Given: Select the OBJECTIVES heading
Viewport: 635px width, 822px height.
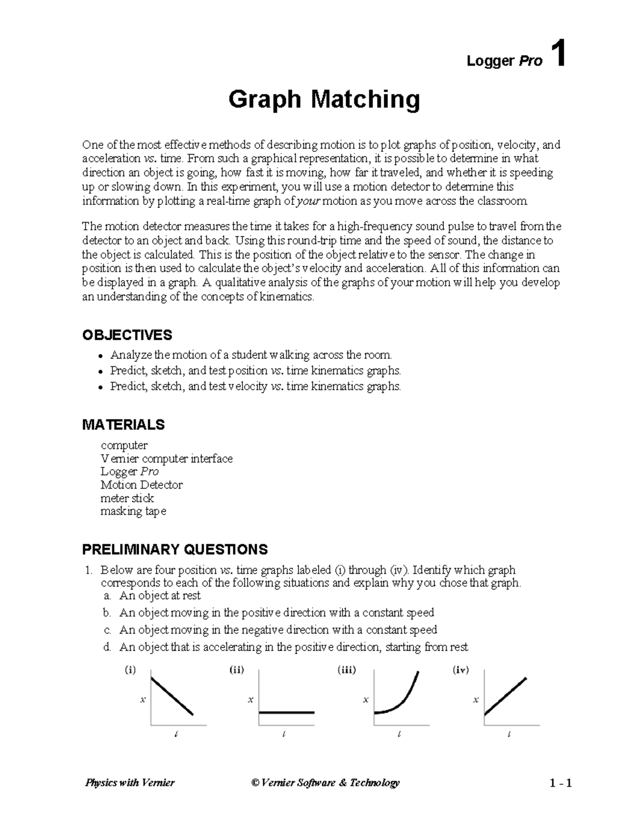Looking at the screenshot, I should point(127,335).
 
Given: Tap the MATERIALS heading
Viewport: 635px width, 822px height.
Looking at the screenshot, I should point(123,424).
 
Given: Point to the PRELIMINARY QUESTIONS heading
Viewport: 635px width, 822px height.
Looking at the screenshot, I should point(175,549).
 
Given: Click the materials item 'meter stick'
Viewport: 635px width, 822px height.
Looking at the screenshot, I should point(127,498).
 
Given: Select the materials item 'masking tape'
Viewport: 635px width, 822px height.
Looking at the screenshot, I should point(133,511).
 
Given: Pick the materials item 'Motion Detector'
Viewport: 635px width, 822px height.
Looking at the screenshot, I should point(141,485).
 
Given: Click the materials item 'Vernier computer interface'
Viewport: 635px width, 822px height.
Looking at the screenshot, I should point(167,458).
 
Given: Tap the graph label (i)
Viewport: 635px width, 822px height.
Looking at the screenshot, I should point(130,670).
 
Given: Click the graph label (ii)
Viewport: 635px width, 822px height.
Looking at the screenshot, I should point(237,670).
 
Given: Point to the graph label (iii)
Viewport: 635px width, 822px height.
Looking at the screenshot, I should point(347,670).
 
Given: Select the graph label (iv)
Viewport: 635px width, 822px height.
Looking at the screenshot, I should point(461,670).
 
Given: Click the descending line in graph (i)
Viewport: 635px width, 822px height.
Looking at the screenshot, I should point(172,696).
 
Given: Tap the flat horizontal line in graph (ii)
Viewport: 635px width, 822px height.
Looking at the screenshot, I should point(286,712).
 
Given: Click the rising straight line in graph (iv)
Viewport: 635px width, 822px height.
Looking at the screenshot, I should point(505,696).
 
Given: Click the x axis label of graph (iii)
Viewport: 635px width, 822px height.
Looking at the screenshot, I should point(365,700).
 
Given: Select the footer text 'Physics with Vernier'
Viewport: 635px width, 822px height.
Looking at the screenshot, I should point(130,782).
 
